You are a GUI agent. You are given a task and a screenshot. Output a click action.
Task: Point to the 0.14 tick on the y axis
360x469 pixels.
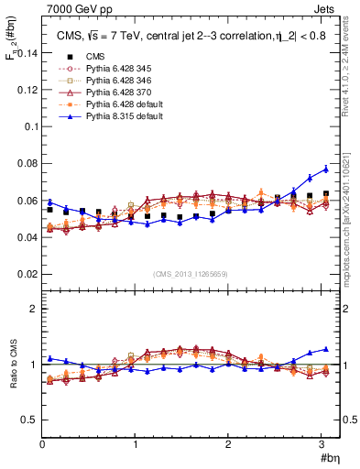(x=26, y=54)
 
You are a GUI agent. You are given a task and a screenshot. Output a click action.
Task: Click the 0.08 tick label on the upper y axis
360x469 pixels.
(x=26, y=164)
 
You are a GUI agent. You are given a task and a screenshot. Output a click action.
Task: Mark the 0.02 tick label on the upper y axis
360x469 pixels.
(x=26, y=274)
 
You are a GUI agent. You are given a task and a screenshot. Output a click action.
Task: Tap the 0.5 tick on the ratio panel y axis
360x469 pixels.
(x=29, y=420)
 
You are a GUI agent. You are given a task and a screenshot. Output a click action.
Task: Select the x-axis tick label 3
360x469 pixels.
(x=321, y=444)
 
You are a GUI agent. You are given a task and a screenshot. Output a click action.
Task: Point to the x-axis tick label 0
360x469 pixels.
(x=42, y=444)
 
